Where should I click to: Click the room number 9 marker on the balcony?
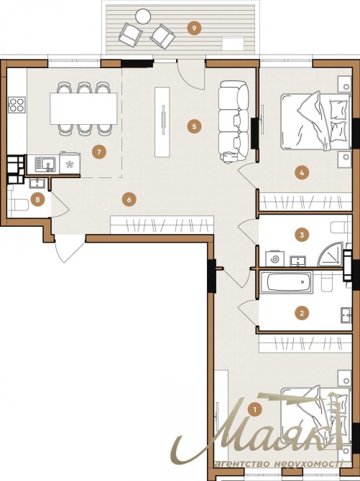[194, 29]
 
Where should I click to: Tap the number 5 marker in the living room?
[194, 126]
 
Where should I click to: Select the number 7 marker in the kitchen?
[99, 152]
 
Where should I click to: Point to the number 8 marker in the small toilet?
[37, 200]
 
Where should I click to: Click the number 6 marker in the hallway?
[129, 200]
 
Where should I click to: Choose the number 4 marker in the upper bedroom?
[302, 173]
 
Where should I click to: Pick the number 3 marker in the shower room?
[302, 235]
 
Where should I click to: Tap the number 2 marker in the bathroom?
[302, 313]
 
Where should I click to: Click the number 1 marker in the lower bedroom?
[254, 409]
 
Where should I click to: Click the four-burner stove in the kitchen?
[17, 105]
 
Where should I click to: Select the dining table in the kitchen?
[83, 108]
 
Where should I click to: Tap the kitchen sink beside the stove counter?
[45, 164]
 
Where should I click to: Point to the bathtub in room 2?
[286, 281]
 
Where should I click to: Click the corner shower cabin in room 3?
[331, 254]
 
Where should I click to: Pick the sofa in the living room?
[234, 121]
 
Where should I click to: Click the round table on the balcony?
[143, 16]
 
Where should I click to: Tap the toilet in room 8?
[19, 205]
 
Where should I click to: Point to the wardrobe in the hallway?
[162, 225]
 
